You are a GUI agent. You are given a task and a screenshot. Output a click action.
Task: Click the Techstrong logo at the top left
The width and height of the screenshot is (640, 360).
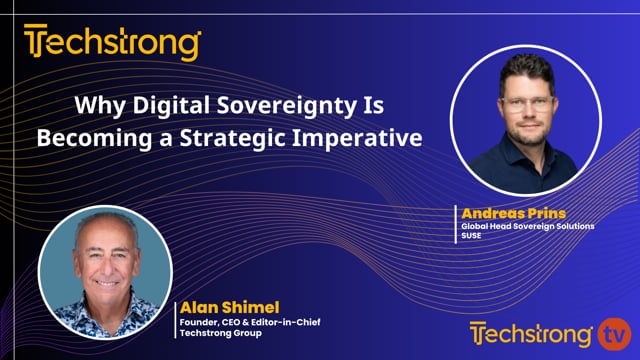pos(113,44)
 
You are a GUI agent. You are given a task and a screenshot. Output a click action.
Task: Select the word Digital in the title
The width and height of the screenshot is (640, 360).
pos(194,105)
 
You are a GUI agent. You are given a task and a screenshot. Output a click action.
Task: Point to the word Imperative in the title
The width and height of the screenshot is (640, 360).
pos(367,137)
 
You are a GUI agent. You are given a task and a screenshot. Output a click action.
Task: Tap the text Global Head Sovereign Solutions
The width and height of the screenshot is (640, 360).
pos(527,227)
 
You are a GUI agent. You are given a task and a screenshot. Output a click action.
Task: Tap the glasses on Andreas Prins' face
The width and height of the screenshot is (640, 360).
pos(526,104)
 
